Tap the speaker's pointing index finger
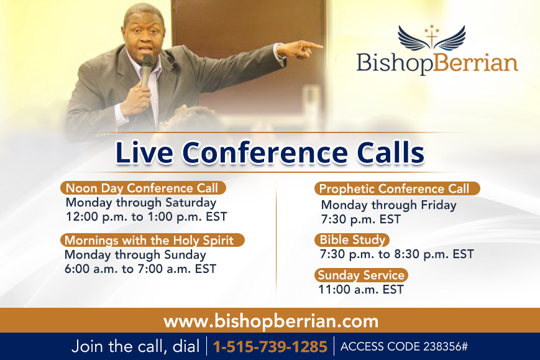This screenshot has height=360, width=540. [313, 45]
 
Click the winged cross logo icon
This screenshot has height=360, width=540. [431, 38]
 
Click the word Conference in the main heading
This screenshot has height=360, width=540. [265, 152]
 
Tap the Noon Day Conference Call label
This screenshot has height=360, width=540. [143, 188]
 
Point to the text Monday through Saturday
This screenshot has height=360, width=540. [141, 203]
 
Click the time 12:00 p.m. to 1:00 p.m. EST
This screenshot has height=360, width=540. [147, 217]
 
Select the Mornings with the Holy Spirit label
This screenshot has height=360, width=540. [152, 240]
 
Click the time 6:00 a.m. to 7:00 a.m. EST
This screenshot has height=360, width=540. [140, 269]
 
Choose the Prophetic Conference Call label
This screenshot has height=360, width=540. [397, 188]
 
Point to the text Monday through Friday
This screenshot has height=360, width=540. [388, 205]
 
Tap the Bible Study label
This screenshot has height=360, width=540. [352, 240]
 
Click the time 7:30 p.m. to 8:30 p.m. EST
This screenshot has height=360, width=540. [396, 254]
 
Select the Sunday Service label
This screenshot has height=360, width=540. [361, 275]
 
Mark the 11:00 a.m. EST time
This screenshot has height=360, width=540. [361, 289]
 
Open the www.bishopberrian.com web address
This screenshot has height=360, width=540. [271, 321]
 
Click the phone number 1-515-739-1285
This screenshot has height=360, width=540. [270, 346]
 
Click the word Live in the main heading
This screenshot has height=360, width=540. [144, 152]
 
